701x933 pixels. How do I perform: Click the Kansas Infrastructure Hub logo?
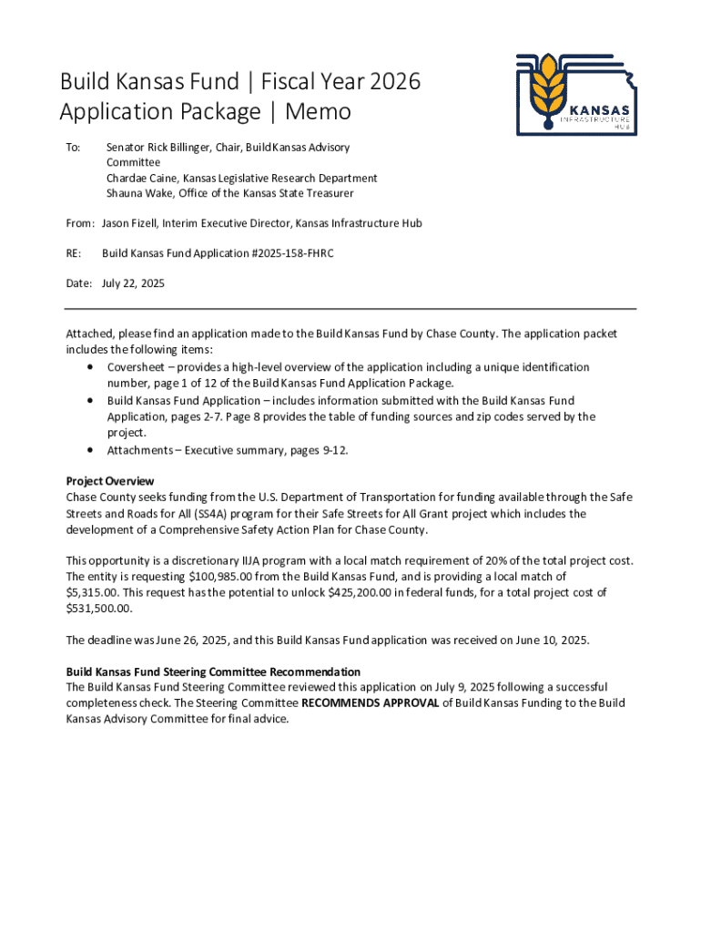tap(575, 95)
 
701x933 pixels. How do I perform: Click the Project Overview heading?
tap(110, 481)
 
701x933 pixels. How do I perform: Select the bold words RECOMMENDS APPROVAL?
tap(370, 702)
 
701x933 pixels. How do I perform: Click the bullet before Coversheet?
tap(90, 367)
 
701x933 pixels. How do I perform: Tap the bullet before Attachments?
tap(90, 450)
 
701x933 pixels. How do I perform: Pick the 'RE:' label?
tap(74, 253)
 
